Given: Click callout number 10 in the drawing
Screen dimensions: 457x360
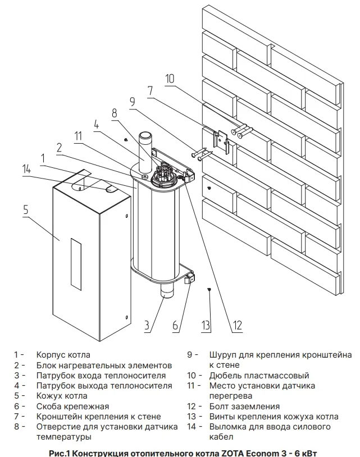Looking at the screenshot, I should (170, 78).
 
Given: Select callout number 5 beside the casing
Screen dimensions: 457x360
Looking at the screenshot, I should (25, 210).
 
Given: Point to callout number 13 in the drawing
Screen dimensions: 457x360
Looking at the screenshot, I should (206, 325).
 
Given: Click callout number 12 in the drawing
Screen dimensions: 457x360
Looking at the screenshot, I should (238, 325).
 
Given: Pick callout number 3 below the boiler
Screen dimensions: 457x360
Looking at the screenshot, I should (147, 325).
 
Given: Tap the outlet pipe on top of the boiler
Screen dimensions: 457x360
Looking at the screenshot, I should (145, 149).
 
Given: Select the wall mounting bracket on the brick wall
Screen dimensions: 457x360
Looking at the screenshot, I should (222, 141).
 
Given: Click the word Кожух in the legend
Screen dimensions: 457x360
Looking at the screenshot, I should (49, 396).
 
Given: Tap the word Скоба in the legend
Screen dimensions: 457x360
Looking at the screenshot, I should (49, 406).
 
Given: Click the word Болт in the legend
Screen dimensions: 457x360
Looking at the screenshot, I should (219, 406).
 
